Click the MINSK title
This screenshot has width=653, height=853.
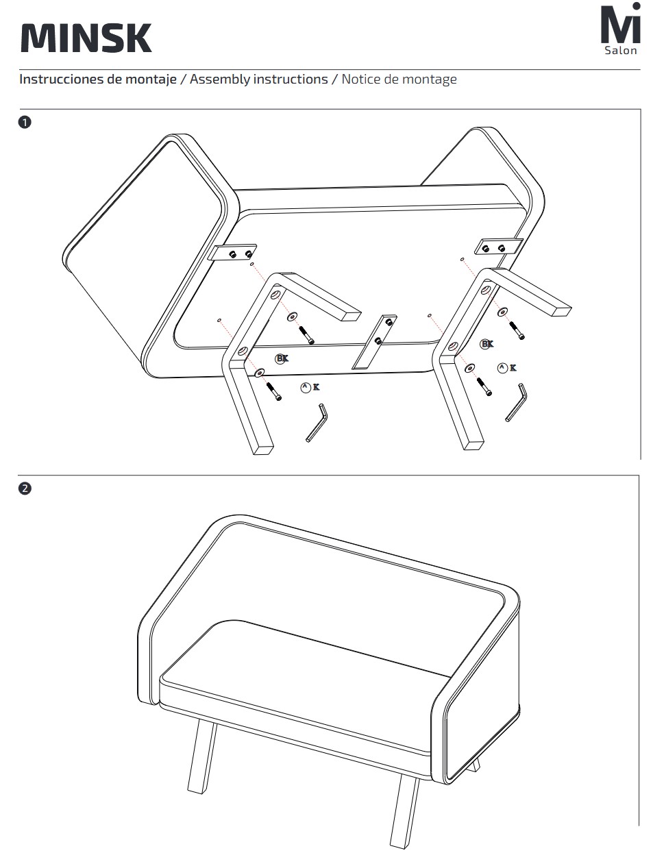(86, 38)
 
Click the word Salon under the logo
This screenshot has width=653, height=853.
(620, 51)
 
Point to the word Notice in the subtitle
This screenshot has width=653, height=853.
(361, 79)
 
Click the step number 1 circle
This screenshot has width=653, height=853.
(25, 123)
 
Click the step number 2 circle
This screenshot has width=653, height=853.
(25, 489)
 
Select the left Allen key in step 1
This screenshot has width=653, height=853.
(317, 423)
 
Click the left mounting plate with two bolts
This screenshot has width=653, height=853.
(233, 253)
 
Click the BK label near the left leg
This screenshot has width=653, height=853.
(282, 358)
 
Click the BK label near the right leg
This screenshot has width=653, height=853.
(486, 344)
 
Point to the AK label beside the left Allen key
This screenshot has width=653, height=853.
(310, 388)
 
